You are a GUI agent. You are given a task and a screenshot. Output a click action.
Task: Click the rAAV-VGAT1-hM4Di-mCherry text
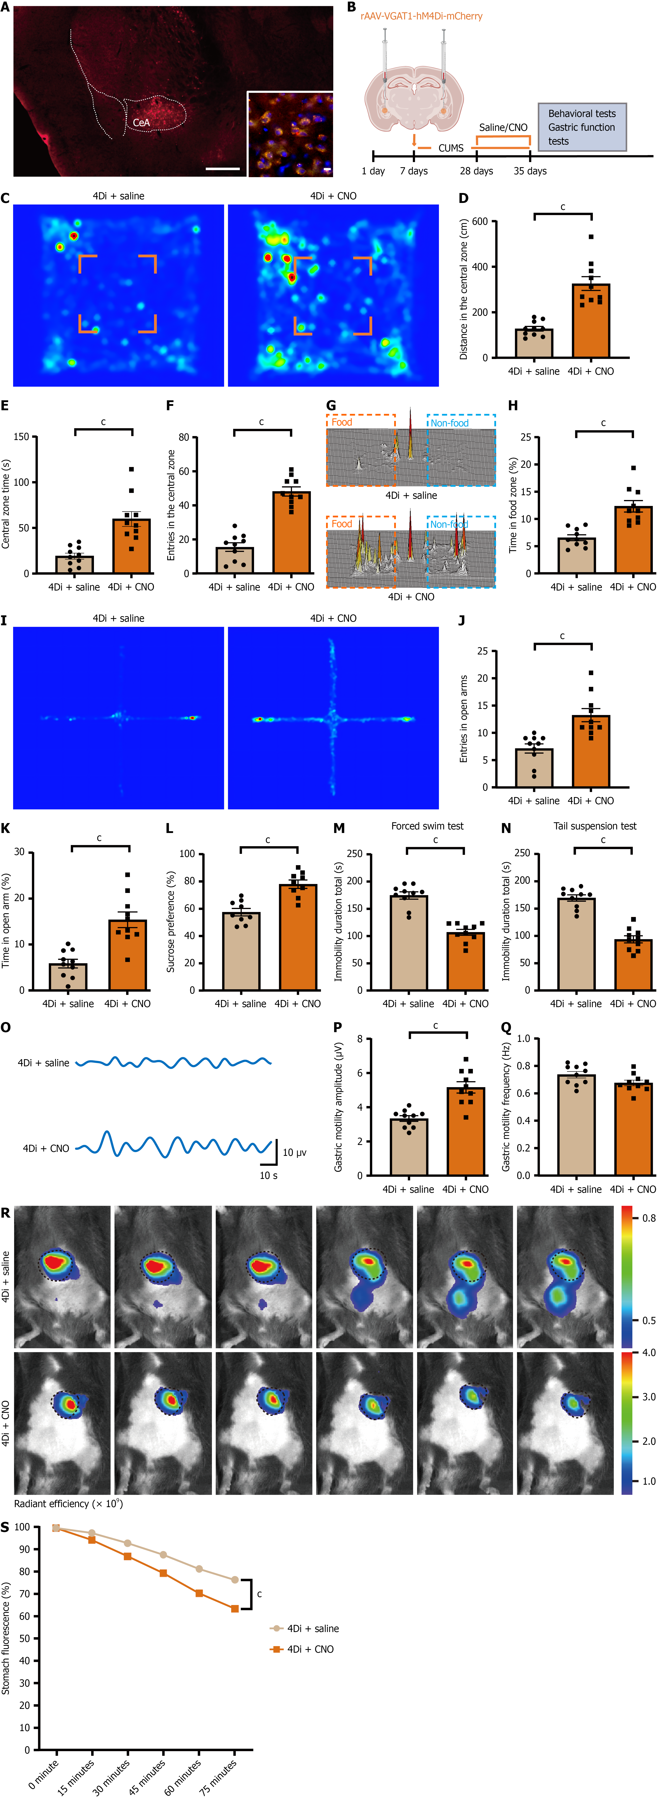[421, 16]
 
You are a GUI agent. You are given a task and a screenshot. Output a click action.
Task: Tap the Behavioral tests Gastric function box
[582, 127]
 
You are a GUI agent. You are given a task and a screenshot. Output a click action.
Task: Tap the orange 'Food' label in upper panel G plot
[342, 422]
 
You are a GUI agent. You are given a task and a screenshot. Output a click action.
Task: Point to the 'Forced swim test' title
[427, 826]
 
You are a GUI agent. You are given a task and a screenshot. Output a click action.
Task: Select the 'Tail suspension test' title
[595, 826]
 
